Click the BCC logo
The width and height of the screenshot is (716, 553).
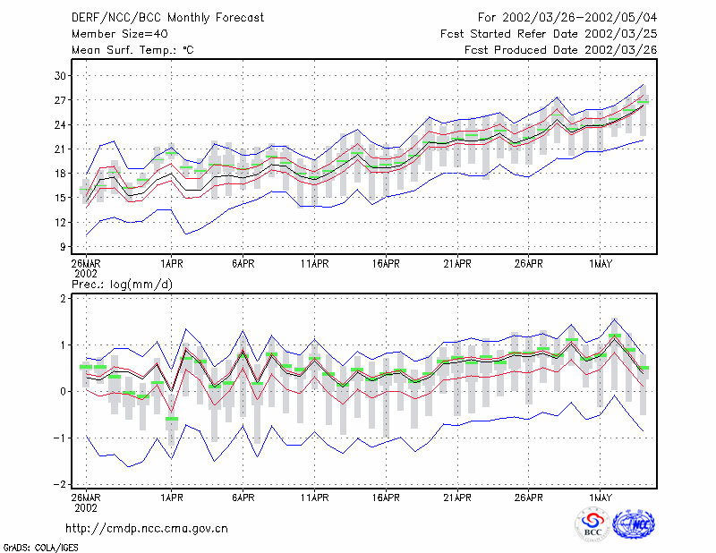click(592, 524)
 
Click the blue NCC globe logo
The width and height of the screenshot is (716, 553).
click(635, 524)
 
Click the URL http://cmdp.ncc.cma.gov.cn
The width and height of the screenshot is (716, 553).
click(147, 529)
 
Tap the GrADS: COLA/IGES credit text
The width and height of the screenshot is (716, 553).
click(40, 548)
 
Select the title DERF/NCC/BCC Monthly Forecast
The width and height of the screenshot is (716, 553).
click(167, 18)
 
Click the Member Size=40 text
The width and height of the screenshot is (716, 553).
click(120, 34)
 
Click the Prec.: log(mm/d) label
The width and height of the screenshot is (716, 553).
click(122, 285)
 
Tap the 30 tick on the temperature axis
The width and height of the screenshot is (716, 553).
click(60, 76)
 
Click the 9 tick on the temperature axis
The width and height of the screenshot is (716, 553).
click(63, 247)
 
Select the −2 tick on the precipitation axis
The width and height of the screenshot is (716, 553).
click(60, 484)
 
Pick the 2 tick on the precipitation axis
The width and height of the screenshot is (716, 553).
click(63, 298)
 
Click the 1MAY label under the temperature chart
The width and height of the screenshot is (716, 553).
click(600, 264)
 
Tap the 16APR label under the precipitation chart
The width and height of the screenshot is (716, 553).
click(386, 498)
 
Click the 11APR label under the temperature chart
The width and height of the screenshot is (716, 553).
click(315, 264)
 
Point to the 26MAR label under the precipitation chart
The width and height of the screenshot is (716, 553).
click(86, 498)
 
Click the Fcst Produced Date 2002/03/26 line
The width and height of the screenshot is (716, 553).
click(561, 50)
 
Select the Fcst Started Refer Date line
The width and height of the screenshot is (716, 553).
click(549, 34)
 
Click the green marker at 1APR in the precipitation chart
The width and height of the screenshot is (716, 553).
click(172, 419)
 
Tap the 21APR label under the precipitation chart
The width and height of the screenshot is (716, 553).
click(457, 498)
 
